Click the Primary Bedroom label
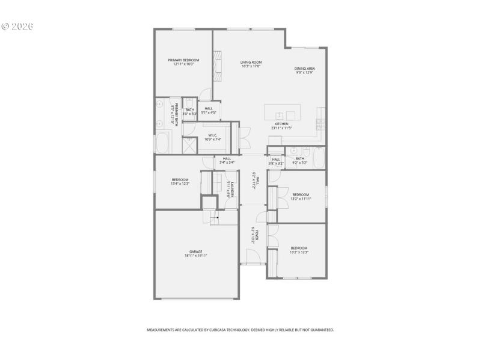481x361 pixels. (183, 60)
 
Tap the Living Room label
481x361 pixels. (251, 63)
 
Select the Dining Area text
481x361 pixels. (305, 69)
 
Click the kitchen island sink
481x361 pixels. (278, 114)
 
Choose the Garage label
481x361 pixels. (196, 251)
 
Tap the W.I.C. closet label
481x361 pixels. (213, 135)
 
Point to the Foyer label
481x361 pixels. (257, 235)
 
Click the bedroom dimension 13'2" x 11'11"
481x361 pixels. (301, 198)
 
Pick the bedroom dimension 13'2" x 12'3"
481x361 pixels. (299, 252)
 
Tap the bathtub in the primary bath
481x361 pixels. (163, 143)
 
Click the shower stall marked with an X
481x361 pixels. (189, 144)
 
